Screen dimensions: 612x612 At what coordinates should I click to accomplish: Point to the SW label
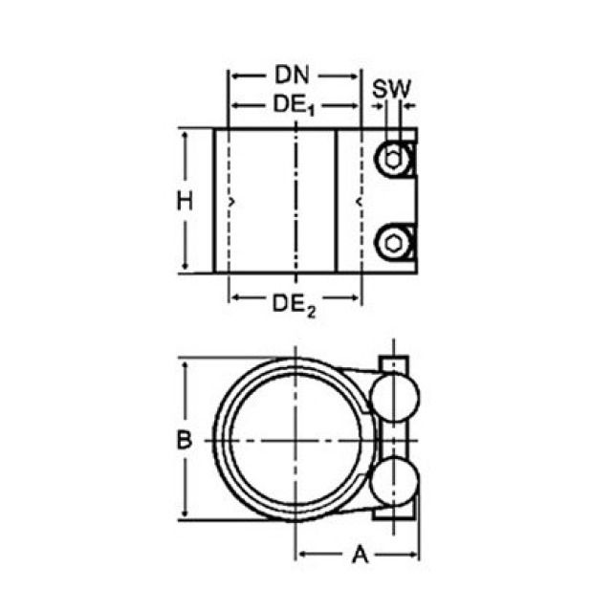click(391, 89)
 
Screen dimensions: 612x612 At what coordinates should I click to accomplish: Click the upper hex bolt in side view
click(392, 159)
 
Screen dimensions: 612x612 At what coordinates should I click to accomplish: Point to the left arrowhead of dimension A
click(302, 554)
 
